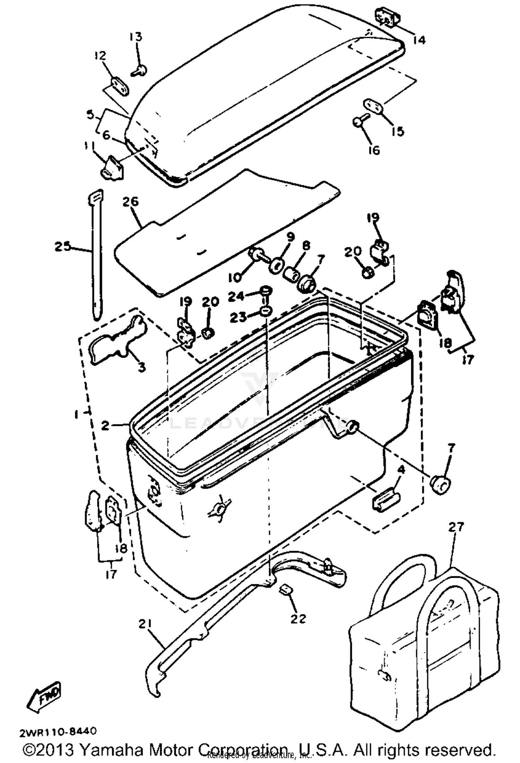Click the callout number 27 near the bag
(456, 527)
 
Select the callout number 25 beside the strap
(63, 247)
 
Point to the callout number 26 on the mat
(130, 202)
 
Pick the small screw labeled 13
(139, 71)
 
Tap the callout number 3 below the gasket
(141, 367)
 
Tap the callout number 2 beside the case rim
(105, 425)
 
